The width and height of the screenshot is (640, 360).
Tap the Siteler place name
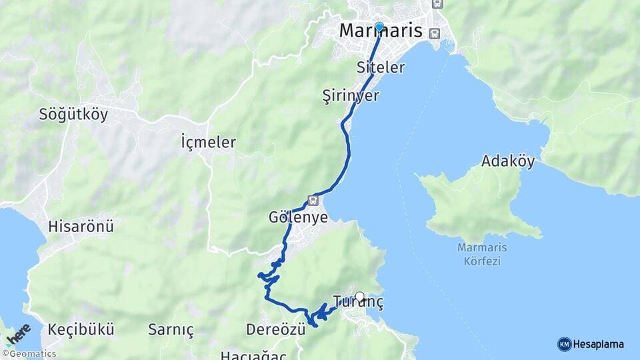tap(381, 67)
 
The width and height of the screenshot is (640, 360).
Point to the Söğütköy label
tap(73, 114)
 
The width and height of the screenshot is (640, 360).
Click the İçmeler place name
tap(208, 142)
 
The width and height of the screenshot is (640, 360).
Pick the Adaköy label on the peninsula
tap(508, 161)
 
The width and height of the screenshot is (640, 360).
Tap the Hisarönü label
tap(81, 227)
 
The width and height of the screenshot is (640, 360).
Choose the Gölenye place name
tap(298, 218)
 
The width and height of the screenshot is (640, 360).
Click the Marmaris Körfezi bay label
tap(483, 254)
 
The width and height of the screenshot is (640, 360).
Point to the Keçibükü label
tap(81, 329)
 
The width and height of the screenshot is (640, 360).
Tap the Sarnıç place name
tap(171, 330)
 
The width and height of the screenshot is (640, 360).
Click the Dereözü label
tap(275, 329)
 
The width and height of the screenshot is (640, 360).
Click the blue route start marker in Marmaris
tap(379, 27)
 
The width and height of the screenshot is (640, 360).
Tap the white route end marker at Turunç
tap(360, 297)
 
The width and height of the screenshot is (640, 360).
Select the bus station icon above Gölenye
tap(313, 199)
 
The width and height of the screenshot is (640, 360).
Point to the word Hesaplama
tap(598, 344)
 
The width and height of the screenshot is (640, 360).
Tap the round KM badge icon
tap(564, 344)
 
